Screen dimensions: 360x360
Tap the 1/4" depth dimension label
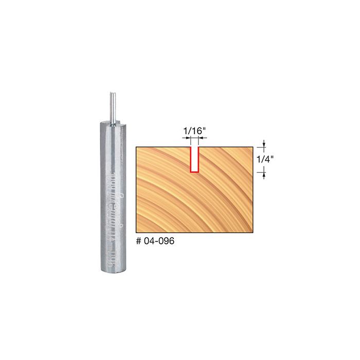[x=265, y=160]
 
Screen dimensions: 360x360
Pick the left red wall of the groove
[x=190, y=160]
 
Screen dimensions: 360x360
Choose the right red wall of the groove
[x=199, y=160]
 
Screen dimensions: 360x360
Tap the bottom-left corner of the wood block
[x=136, y=232]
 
